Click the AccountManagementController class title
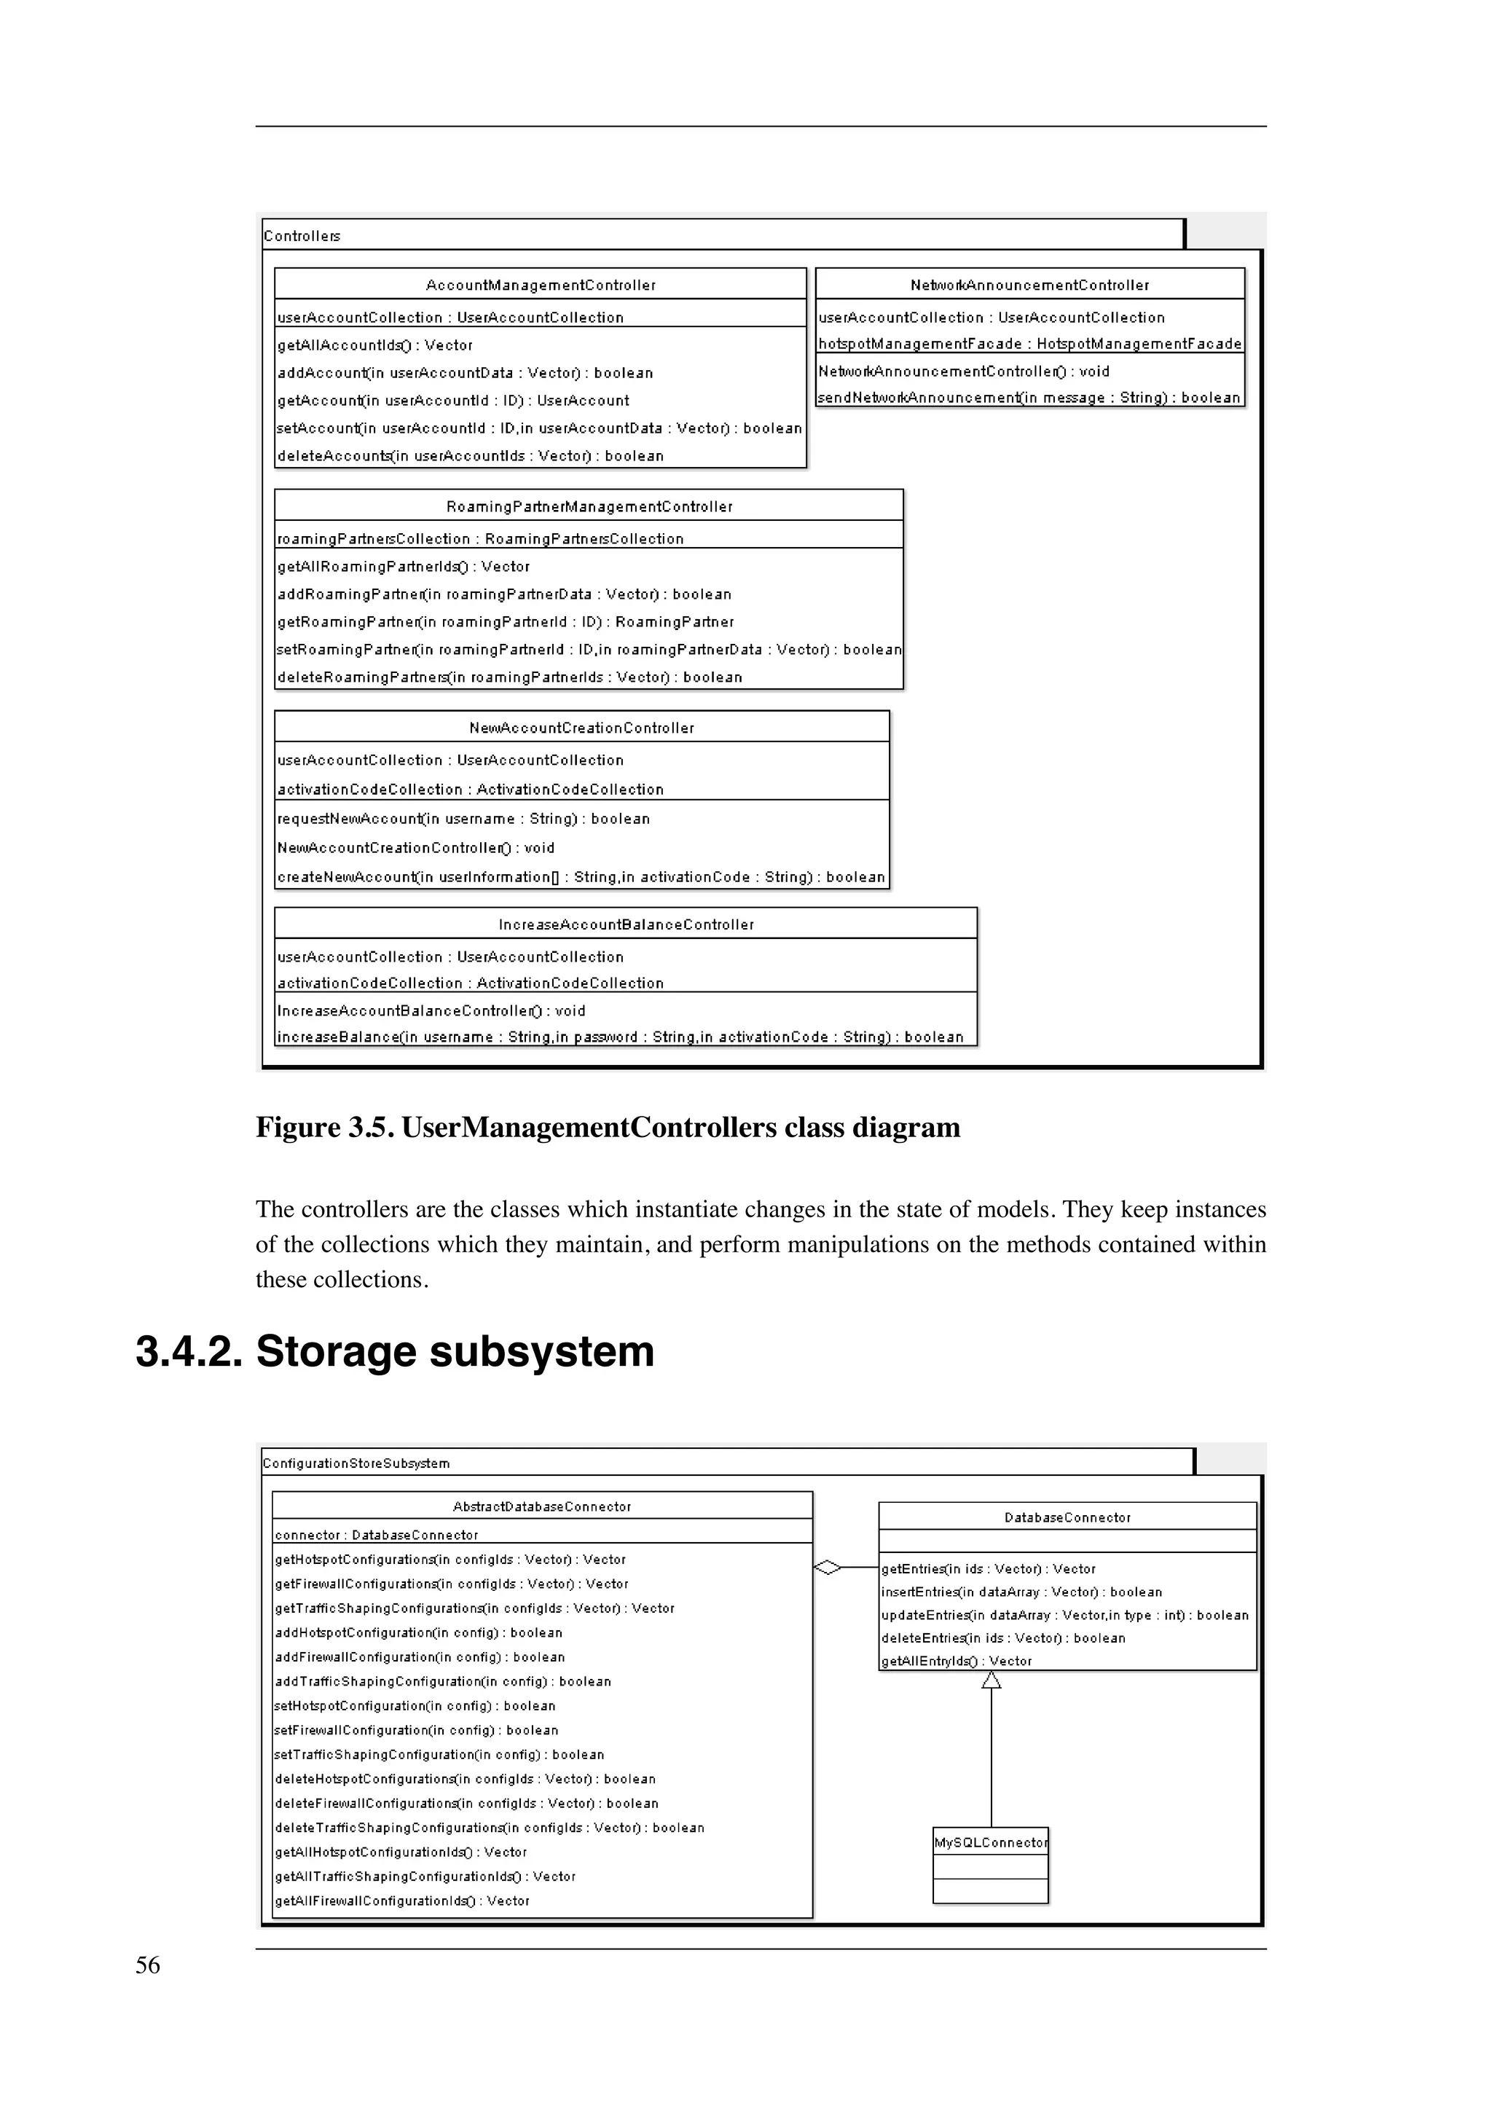[x=541, y=285]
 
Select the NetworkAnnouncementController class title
[x=1029, y=285]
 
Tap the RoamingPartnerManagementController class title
[x=589, y=506]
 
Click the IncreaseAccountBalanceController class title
[x=626, y=925]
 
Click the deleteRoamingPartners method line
[x=509, y=677]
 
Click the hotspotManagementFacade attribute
[x=1029, y=344]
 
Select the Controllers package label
[x=302, y=236]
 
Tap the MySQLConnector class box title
[x=990, y=1842]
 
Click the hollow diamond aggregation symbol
[x=828, y=1568]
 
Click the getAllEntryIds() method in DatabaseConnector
[x=956, y=1662]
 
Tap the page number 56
[x=148, y=1966]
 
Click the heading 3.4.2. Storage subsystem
[x=396, y=1351]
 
